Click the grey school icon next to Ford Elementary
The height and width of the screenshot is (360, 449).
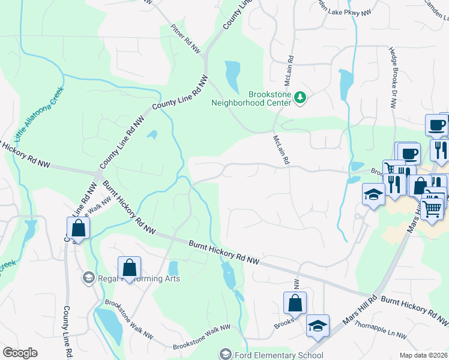pos(225,354)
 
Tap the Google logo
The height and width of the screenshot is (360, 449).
pos(20,353)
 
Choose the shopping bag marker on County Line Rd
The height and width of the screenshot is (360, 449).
pos(78,228)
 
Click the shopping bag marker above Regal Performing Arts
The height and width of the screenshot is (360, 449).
pos(129,267)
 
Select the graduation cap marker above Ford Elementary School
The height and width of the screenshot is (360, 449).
pos(318,325)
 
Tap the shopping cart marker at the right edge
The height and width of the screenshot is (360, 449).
pos(433,208)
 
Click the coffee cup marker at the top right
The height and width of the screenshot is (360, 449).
pos(436,125)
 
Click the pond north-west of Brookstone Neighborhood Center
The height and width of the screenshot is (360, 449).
pos(232,74)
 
